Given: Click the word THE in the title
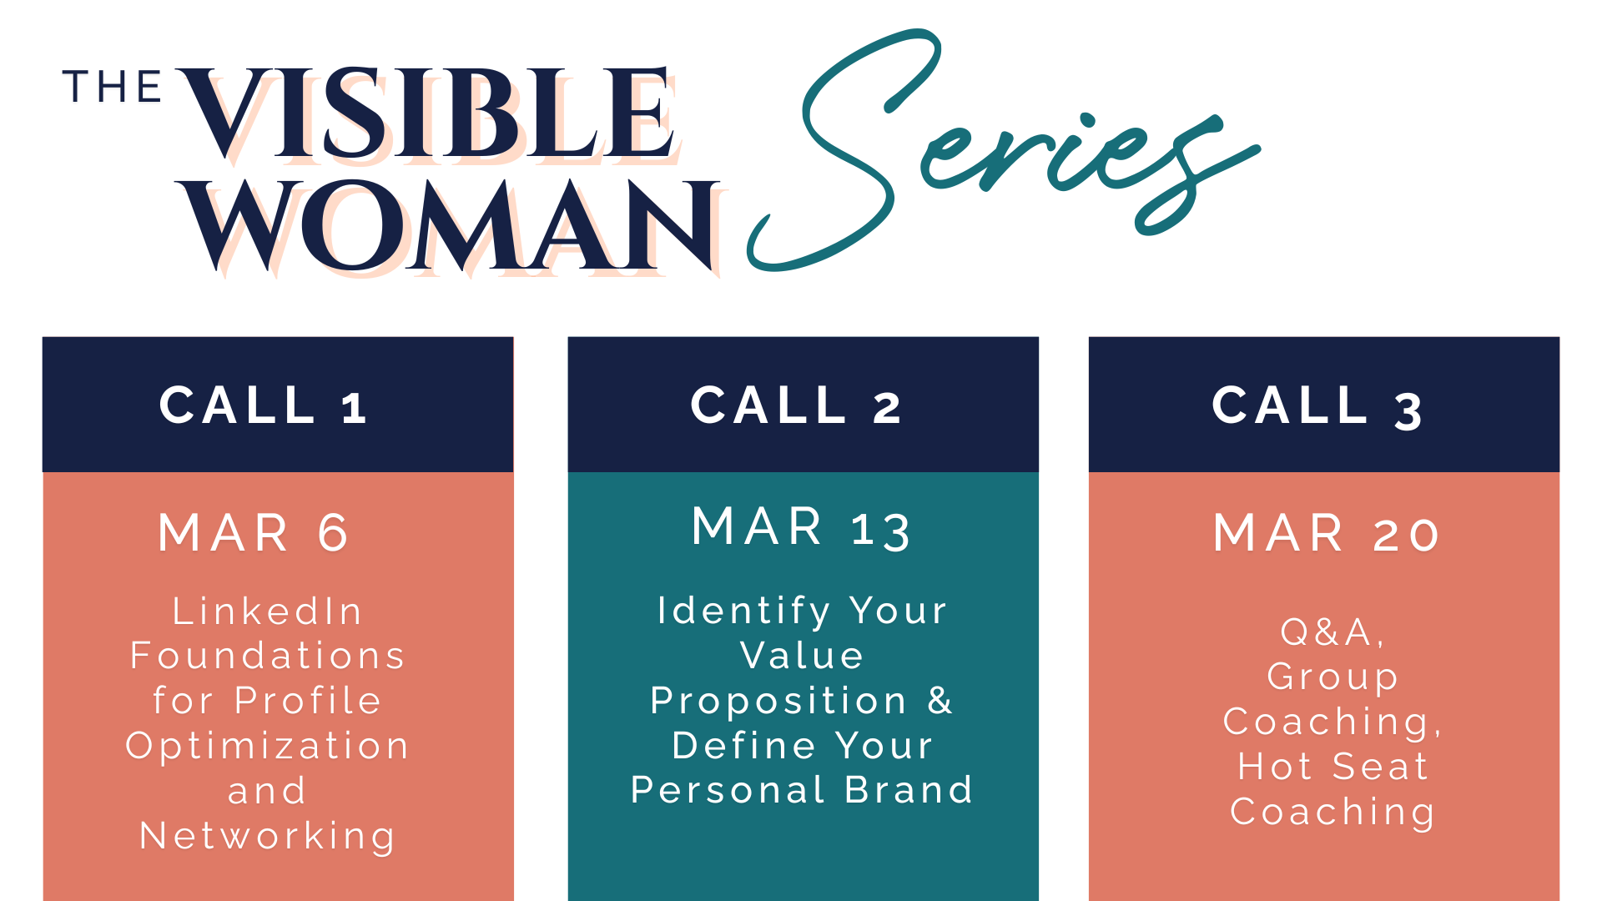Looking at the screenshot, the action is pyautogui.click(x=112, y=87).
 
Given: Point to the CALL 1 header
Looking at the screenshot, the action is pyautogui.click(x=263, y=405).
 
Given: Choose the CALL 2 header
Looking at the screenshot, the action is pyautogui.click(x=796, y=405).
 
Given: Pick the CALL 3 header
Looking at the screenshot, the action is pyautogui.click(x=1317, y=406).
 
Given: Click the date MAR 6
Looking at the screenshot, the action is pyautogui.click(x=254, y=533).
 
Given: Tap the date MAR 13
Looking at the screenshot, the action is pyautogui.click(x=801, y=528).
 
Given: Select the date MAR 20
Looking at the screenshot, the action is pyautogui.click(x=1326, y=533).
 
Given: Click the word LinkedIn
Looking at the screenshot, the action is pyautogui.click(x=267, y=612).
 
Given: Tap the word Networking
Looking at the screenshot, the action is pyautogui.click(x=267, y=837).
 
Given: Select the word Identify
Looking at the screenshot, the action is pyautogui.click(x=743, y=612).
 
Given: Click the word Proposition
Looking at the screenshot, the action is pyautogui.click(x=778, y=702).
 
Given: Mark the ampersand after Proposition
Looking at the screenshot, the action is pyautogui.click(x=940, y=700).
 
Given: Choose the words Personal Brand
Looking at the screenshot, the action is pyautogui.click(x=801, y=790).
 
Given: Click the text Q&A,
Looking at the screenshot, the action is pyautogui.click(x=1332, y=632).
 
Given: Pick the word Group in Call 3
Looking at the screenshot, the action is pyautogui.click(x=1332, y=677).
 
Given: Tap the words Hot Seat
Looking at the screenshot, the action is pyautogui.click(x=1332, y=767).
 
